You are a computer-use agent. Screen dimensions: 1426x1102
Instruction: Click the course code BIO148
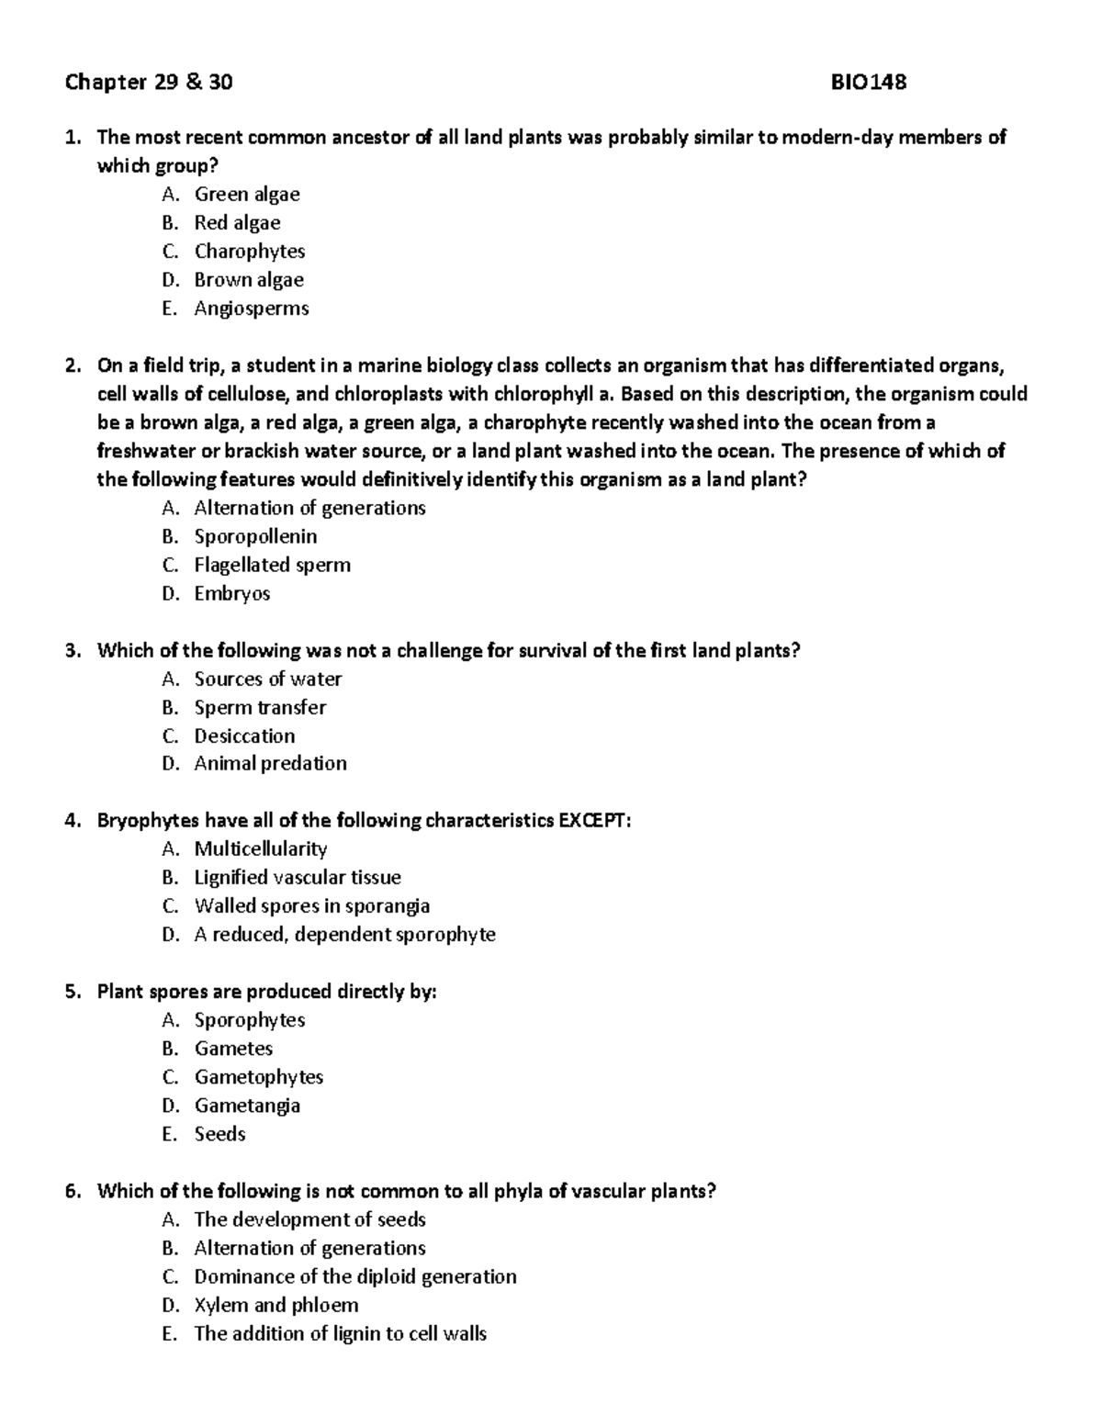coord(868,83)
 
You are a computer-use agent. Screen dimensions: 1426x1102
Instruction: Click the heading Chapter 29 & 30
coord(149,83)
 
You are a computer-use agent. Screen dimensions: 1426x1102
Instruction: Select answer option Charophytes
coord(249,252)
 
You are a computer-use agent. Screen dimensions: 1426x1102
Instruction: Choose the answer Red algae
coord(237,223)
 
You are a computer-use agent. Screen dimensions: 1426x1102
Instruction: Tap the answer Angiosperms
coord(251,309)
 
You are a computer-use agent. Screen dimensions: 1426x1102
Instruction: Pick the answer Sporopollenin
coord(255,536)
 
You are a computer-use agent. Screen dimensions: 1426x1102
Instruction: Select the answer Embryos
coord(231,593)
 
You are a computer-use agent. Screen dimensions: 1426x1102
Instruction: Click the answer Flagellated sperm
coord(272,565)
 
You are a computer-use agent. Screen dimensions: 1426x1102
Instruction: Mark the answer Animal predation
coord(270,763)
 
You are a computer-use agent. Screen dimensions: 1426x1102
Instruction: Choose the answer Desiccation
coord(244,735)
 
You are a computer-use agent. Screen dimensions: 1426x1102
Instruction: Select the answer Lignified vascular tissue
coord(297,878)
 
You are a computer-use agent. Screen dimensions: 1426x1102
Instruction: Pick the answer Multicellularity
coord(260,849)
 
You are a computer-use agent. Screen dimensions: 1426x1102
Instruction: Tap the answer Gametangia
coord(247,1106)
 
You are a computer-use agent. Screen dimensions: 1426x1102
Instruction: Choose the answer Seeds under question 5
coord(219,1134)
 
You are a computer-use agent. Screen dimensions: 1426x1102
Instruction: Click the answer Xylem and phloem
coord(275,1305)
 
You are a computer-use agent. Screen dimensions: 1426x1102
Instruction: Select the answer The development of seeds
coord(309,1219)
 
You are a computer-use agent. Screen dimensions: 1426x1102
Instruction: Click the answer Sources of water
coord(267,679)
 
